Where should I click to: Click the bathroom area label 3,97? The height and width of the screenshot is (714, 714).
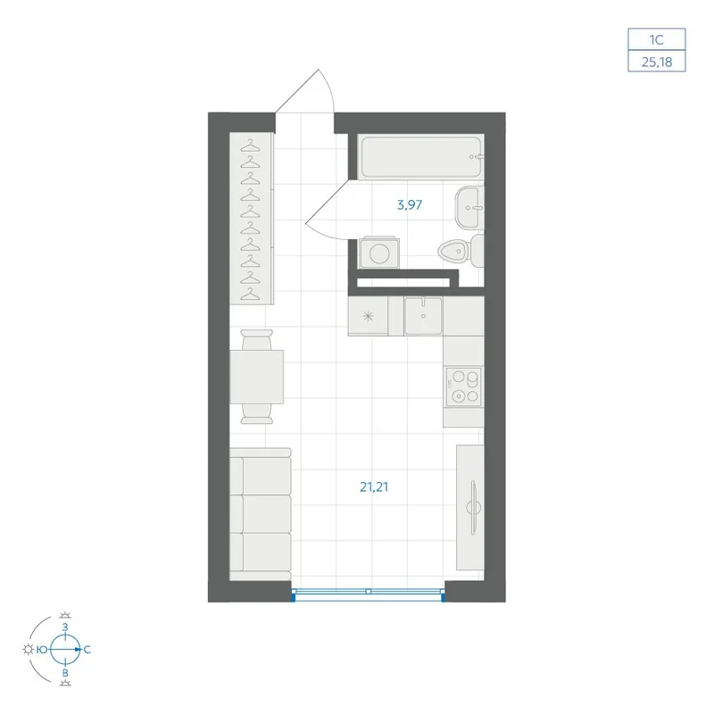(x=410, y=205)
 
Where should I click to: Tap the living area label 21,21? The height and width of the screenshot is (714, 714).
(x=374, y=486)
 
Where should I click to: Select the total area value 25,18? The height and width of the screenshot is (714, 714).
(x=657, y=62)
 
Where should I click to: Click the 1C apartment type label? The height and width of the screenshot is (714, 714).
(x=657, y=39)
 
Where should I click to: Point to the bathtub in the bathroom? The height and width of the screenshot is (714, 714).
(x=420, y=156)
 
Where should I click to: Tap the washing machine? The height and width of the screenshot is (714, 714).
(x=378, y=253)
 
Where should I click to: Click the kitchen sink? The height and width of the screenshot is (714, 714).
(x=423, y=316)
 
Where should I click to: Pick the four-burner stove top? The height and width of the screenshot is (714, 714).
(x=463, y=386)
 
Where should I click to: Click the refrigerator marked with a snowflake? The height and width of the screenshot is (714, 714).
(x=368, y=316)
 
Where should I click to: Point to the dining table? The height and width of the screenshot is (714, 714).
(x=257, y=377)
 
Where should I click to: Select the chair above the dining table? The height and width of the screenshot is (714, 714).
(x=257, y=339)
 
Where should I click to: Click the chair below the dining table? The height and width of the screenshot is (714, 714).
(x=257, y=414)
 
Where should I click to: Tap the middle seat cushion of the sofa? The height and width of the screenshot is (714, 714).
(x=267, y=514)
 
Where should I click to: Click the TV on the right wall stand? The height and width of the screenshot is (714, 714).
(x=473, y=507)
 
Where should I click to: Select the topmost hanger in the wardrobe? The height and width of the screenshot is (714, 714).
(x=250, y=145)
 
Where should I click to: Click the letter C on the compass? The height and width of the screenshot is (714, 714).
(x=87, y=650)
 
